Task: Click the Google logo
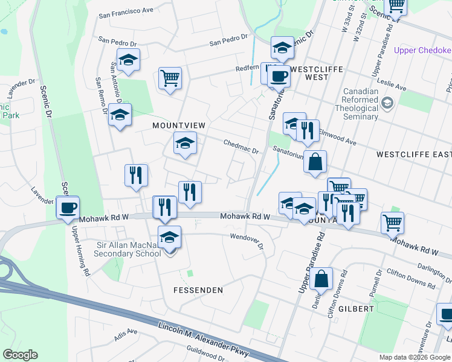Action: [x=20, y=355]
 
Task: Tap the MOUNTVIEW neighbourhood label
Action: [x=179, y=125]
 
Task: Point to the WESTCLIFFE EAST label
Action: [x=413, y=154]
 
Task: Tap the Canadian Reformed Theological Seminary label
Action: [x=360, y=104]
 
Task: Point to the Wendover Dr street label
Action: [x=247, y=241]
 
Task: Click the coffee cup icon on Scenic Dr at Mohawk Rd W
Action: [x=67, y=208]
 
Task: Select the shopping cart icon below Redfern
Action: [x=170, y=78]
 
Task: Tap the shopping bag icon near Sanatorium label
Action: [x=315, y=162]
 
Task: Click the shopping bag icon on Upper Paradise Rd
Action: [x=321, y=279]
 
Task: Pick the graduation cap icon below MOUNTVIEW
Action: [x=185, y=143]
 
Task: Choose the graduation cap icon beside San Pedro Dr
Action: [x=128, y=60]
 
